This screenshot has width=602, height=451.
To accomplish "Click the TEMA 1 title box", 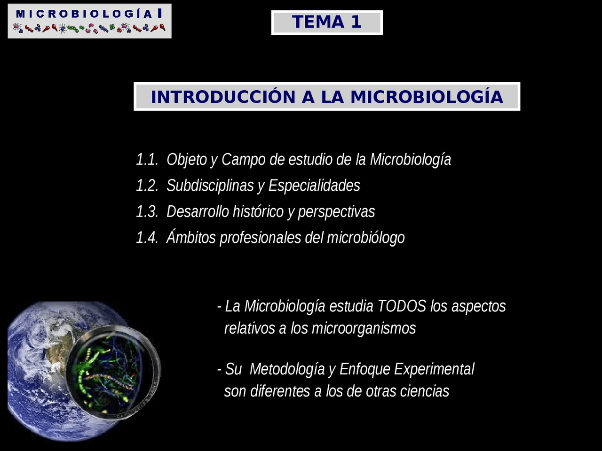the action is tap(327, 23).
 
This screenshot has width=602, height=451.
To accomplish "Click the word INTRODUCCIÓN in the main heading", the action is tap(223, 97).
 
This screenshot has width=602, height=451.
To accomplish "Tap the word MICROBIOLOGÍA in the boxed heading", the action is tap(427, 97).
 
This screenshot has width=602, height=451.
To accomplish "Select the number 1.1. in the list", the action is tap(147, 159).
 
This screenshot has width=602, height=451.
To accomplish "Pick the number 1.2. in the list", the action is tap(147, 185).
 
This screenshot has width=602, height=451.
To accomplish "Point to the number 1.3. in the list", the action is tap(147, 211).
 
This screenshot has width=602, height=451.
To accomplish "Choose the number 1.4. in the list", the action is tap(147, 237).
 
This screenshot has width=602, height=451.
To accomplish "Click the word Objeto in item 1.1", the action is tap(187, 160).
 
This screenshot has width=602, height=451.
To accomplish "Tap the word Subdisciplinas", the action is tap(210, 186).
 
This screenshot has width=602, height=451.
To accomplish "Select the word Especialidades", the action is tap(314, 186).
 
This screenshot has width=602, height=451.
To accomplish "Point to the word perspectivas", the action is tap(337, 212).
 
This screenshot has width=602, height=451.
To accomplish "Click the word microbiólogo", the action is tap(366, 238).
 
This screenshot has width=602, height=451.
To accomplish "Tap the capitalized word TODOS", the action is tap(402, 306).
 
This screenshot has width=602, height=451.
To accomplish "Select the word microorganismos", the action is tap(364, 328).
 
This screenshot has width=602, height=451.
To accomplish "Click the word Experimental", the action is tap(434, 369).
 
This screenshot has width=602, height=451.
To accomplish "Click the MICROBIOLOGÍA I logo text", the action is tap(89, 14).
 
